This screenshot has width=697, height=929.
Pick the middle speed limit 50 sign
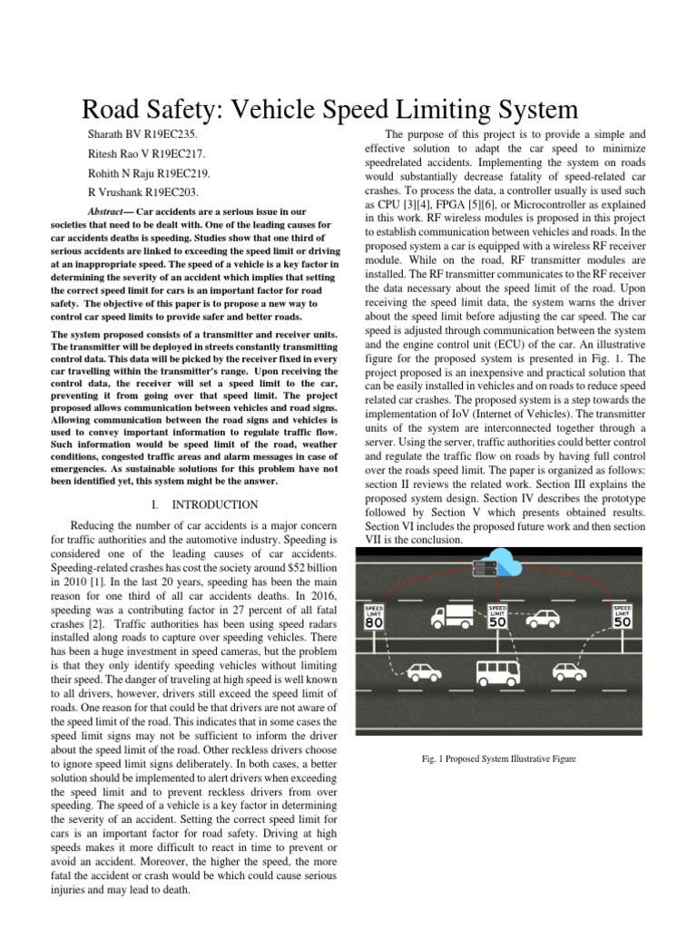click(497, 617)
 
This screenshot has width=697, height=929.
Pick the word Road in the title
click(112, 110)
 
